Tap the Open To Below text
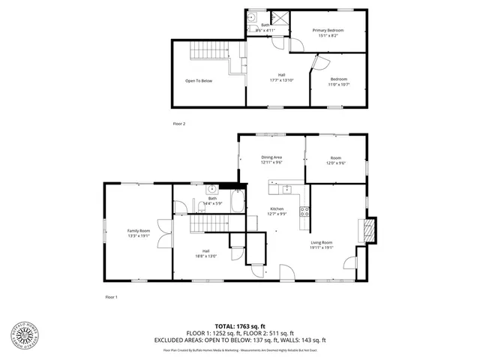coord(199,81)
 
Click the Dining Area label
coord(271,157)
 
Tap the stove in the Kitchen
coord(304,211)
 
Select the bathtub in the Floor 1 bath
coord(235,202)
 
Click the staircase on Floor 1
coord(208,223)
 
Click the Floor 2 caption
coord(178,123)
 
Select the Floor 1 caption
coord(111,298)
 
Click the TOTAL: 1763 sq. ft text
coord(239,326)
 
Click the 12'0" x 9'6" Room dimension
coord(335,163)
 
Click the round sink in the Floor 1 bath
coord(212,189)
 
